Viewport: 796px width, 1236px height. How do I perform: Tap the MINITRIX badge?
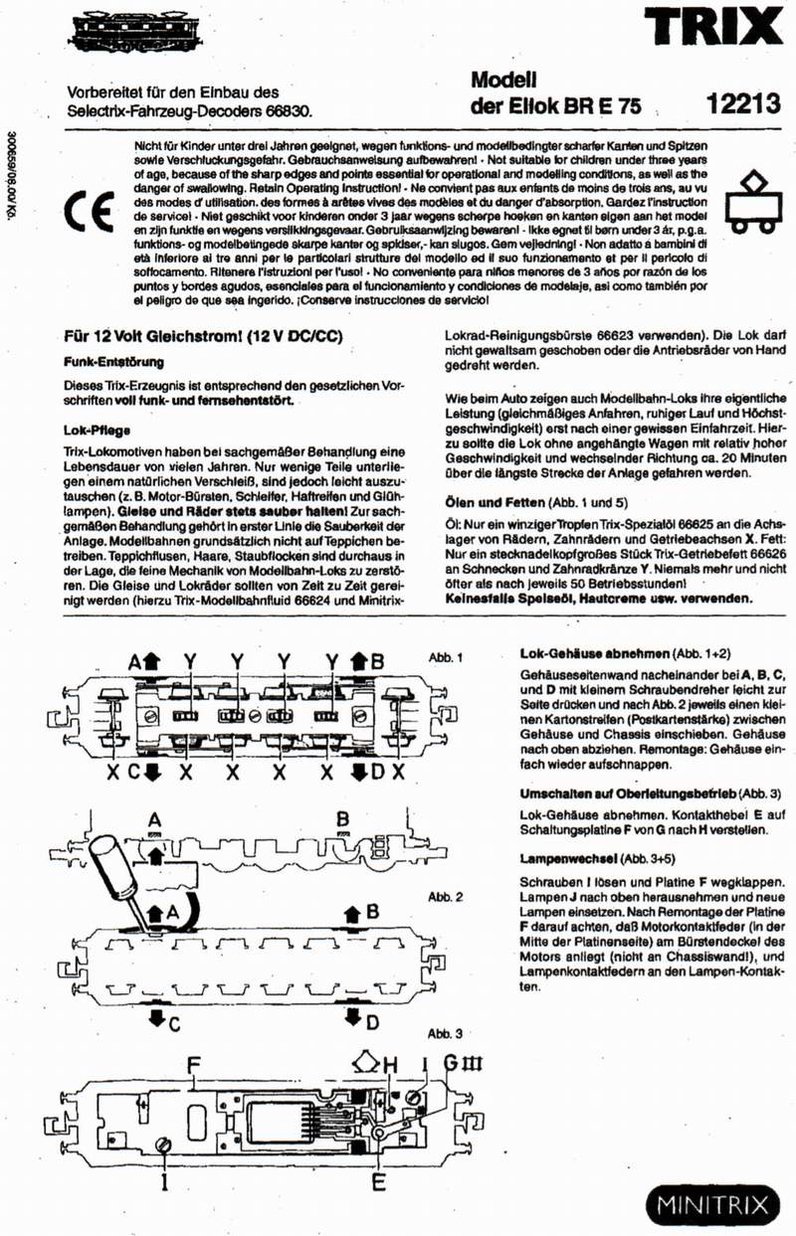(x=713, y=1204)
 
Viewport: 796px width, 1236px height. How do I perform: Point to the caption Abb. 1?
(x=446, y=657)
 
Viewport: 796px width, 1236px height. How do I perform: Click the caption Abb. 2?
(x=446, y=897)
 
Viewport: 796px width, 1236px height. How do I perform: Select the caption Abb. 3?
(x=446, y=1034)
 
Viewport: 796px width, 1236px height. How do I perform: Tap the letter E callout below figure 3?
(x=378, y=1182)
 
